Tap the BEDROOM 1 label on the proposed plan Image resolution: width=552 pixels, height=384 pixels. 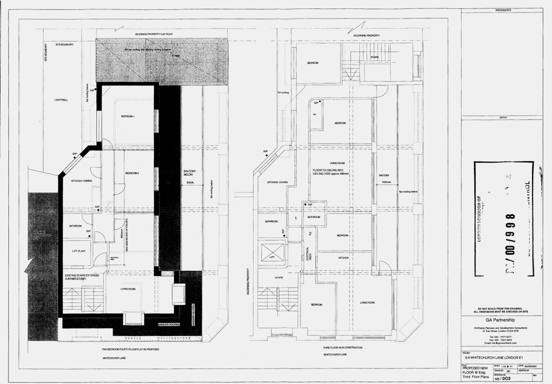tap(128, 116)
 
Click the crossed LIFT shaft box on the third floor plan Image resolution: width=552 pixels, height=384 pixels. tap(272, 251)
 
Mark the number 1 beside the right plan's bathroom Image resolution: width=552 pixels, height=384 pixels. tap(295, 218)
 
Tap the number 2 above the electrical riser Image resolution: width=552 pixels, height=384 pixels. tap(310, 233)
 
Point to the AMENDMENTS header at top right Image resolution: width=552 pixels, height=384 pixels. tap(501, 10)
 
